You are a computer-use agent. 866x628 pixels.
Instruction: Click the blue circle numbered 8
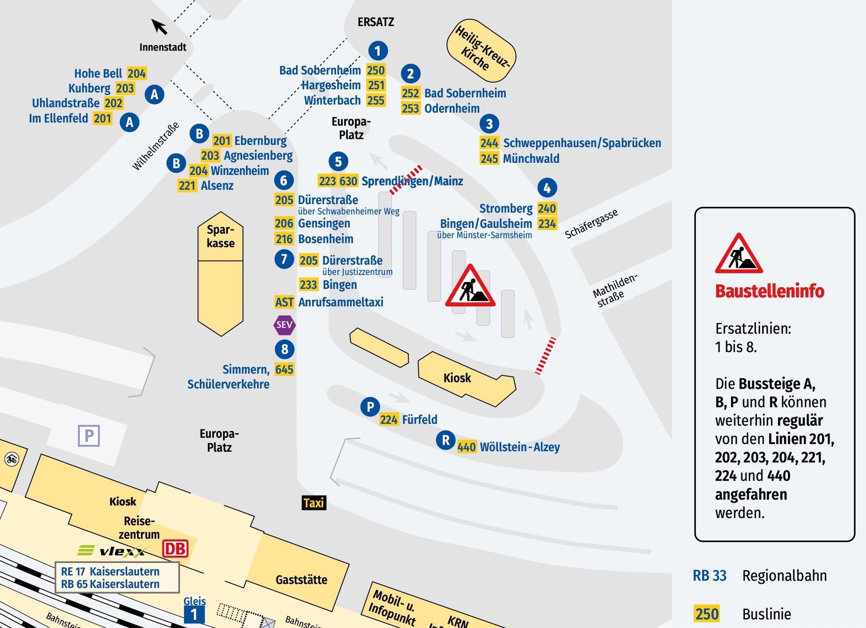coord(285,349)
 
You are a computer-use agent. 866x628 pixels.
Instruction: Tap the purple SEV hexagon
coord(285,325)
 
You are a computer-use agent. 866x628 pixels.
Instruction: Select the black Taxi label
coord(313,503)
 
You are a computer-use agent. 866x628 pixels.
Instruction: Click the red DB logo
coord(175,549)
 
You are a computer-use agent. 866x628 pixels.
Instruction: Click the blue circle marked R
coord(446,440)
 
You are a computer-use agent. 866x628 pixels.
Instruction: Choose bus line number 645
coord(284,369)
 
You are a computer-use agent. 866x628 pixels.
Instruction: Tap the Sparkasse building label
coord(221,236)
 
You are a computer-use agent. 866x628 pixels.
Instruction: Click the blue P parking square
coord(89,435)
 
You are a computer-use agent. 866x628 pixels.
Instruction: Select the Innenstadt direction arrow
coord(159,27)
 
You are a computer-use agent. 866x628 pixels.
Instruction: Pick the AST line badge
coord(284,302)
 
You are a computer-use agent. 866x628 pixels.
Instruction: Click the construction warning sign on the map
coord(470,287)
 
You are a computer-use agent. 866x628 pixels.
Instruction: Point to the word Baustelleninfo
coord(769,291)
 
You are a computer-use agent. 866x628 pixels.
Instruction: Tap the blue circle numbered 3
coord(489,123)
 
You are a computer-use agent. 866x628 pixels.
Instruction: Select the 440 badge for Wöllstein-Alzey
coord(466,447)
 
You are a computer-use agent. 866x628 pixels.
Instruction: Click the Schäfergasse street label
coord(591,224)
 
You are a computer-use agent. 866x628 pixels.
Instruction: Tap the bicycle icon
coord(11,459)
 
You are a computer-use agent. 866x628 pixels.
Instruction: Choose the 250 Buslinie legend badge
coord(707,614)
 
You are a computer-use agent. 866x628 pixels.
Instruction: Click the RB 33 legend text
coord(709,576)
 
